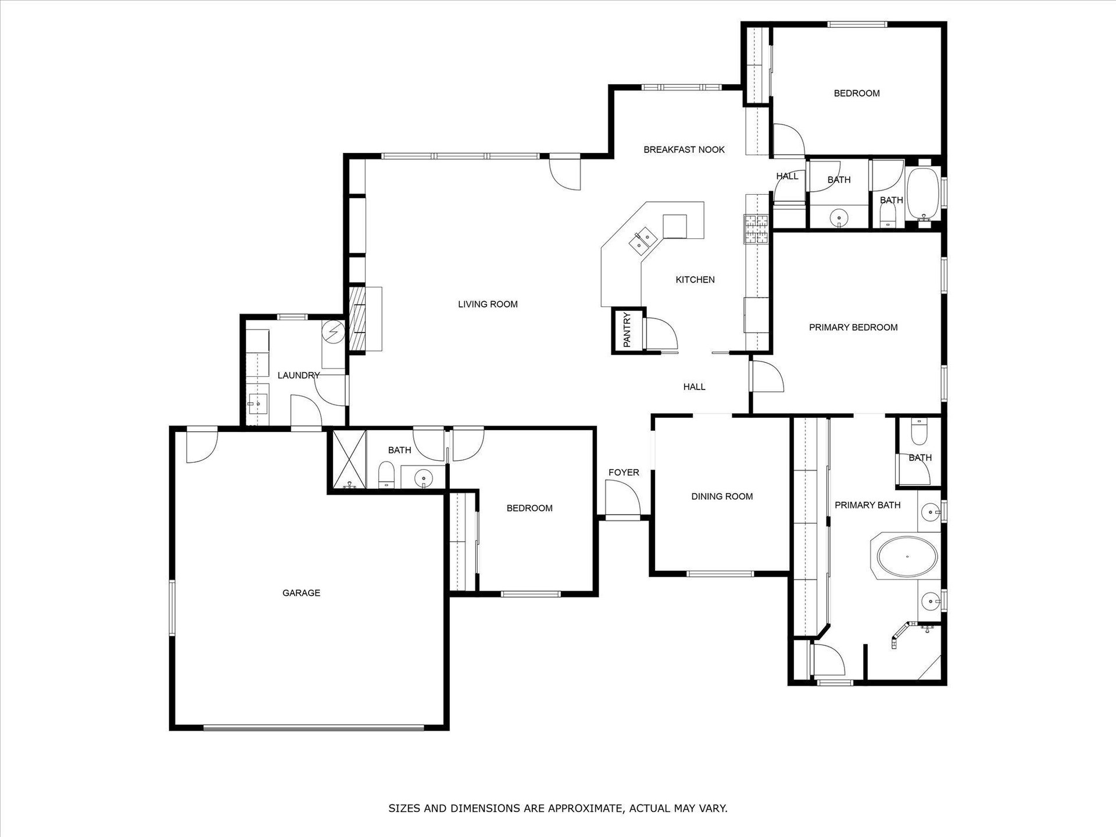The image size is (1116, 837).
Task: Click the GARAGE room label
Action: point(301,593)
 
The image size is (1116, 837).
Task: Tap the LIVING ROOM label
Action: point(488,304)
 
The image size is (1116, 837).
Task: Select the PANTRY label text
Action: point(627,330)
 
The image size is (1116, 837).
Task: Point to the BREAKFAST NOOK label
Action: point(684,149)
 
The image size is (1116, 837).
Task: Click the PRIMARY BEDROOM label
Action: point(853,327)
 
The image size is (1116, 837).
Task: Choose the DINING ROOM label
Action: point(722,496)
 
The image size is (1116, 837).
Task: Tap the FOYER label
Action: point(624,473)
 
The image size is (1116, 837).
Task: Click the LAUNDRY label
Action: point(299,375)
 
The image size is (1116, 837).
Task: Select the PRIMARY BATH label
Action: point(868,505)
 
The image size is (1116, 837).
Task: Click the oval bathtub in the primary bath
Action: point(907,556)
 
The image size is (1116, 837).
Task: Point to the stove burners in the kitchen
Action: point(756,228)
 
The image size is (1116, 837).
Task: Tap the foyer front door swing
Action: point(623,499)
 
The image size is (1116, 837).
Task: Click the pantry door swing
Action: point(661,334)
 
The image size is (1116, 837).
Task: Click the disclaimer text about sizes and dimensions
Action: point(558,808)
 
